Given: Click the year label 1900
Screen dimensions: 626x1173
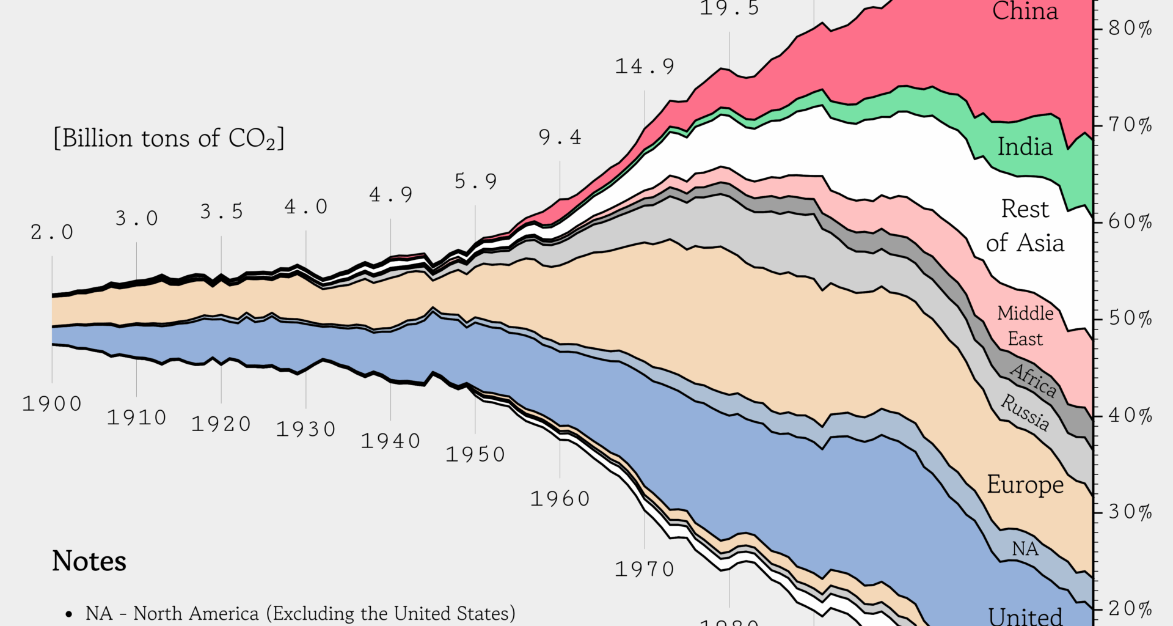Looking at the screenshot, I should pos(52,404).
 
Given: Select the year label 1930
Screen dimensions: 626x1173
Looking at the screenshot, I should pos(305,429).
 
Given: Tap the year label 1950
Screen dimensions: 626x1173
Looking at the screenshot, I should pos(475,454).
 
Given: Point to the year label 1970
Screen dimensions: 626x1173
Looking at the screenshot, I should pos(645,569).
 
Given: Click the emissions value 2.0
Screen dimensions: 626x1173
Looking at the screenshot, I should pos(52,232).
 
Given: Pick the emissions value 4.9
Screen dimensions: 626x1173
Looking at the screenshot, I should pos(391,195).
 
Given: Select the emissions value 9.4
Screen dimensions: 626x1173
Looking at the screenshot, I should pos(560,138).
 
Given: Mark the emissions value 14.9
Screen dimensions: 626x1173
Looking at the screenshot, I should pos(645,67).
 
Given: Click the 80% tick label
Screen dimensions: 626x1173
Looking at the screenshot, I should pos(1130,28).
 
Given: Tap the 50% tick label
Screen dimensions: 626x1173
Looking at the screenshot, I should pos(1130,319).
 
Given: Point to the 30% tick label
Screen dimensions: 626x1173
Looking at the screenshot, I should pos(1130,512).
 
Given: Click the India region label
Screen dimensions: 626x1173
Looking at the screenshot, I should pos(1025,147).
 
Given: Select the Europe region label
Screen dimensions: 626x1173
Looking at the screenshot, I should pos(1025,484).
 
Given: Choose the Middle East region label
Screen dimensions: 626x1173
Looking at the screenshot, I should pos(1025,326).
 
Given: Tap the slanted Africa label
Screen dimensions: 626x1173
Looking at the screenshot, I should pos(1033,380).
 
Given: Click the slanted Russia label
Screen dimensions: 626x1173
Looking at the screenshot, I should pos(1025,412).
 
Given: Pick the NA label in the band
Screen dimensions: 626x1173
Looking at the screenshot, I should pos(1025,549).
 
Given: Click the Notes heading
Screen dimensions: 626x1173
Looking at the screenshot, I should pos(89,561).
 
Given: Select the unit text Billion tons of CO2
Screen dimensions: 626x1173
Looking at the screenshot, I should pos(169,139).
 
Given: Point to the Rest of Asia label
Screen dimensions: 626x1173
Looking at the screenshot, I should pos(1025,226).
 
